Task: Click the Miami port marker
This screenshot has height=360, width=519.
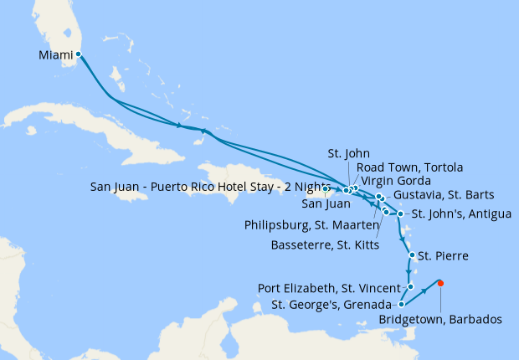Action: tap(78, 54)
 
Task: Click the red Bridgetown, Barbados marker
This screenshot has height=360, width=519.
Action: tap(440, 282)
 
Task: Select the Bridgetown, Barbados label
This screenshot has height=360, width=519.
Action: tap(439, 319)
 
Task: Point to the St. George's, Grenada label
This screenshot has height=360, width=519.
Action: tap(331, 304)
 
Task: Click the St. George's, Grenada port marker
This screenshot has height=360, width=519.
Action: tap(402, 304)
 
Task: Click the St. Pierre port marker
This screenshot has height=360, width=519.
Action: tap(411, 255)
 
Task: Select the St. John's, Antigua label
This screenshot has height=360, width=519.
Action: tap(461, 213)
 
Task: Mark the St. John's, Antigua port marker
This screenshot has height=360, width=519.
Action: tap(401, 213)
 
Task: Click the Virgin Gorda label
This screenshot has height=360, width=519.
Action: tap(396, 180)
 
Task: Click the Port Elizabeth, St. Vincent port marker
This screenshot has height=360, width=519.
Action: tap(409, 286)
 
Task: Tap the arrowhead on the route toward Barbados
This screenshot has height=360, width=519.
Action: tap(425, 291)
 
